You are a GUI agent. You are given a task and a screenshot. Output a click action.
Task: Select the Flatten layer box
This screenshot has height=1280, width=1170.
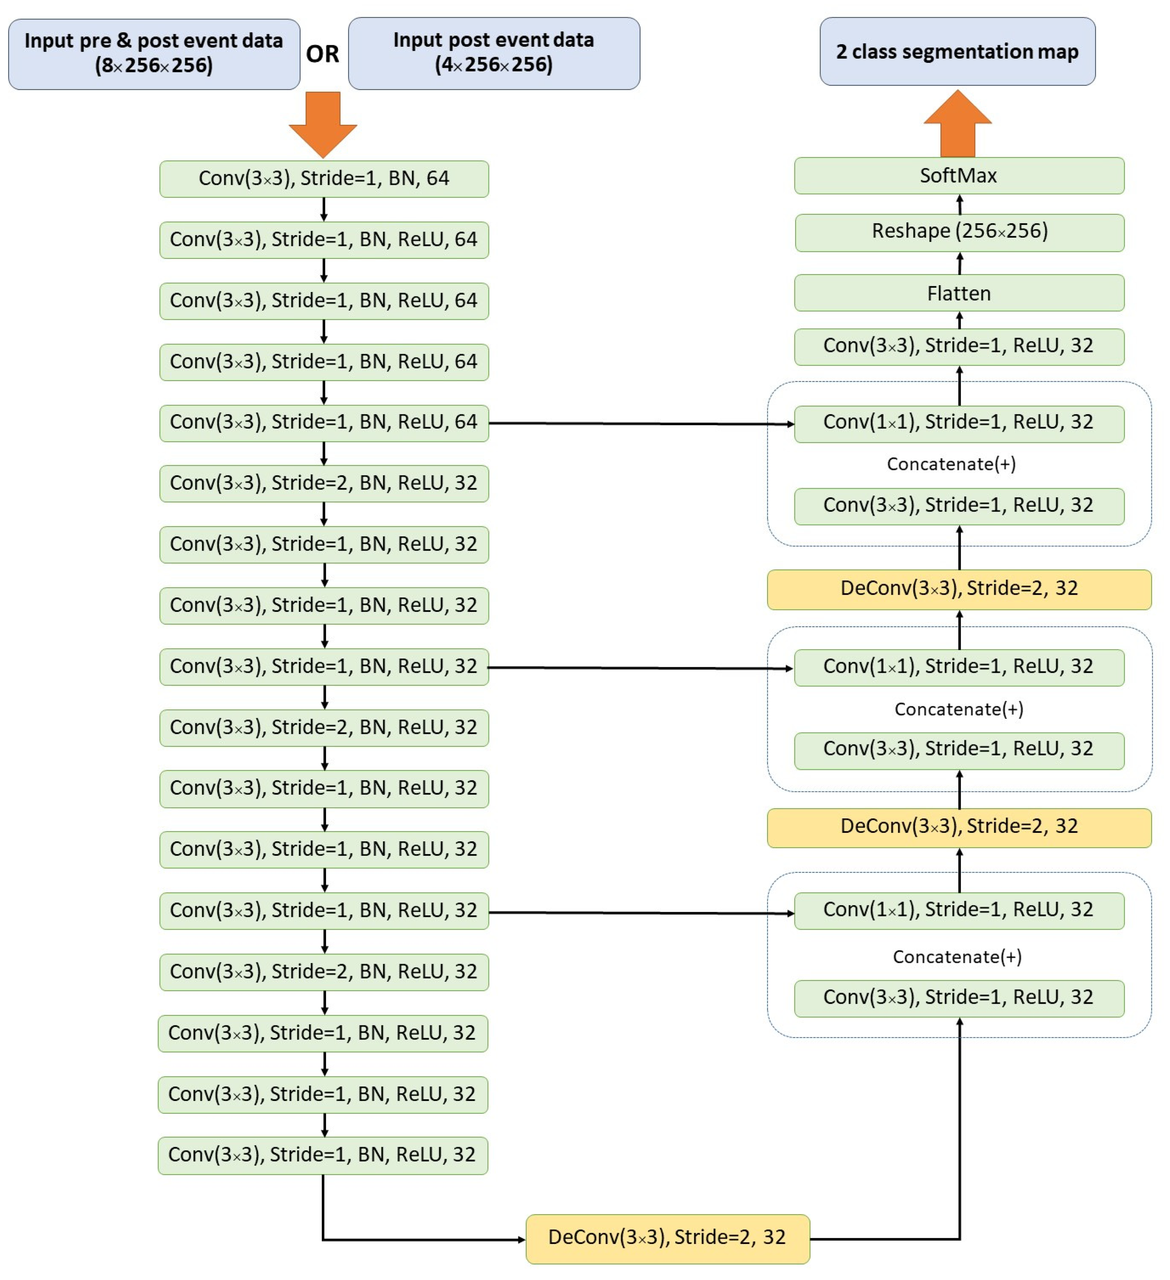click(959, 293)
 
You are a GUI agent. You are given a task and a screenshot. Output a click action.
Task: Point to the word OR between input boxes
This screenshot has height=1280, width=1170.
click(322, 54)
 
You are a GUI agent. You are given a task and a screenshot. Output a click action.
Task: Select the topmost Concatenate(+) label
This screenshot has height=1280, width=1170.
click(951, 464)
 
